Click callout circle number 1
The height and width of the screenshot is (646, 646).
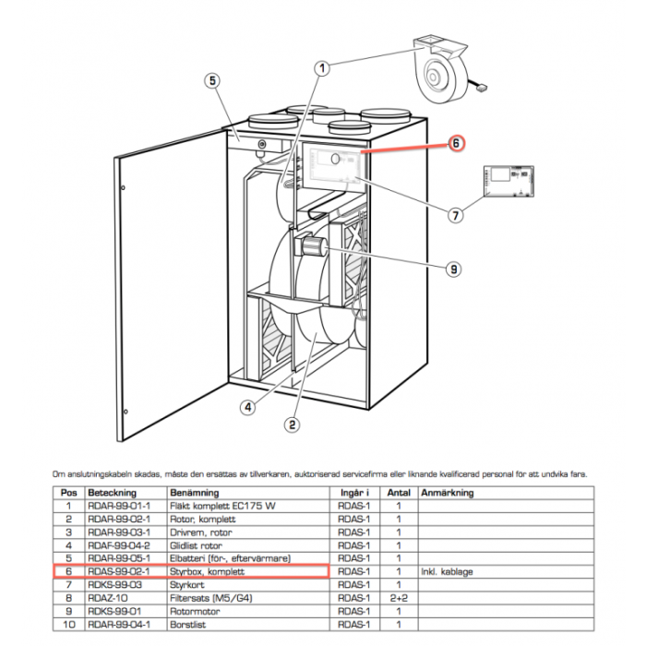(323, 67)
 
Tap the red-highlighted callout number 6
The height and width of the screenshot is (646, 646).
(455, 143)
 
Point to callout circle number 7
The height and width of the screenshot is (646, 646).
(455, 215)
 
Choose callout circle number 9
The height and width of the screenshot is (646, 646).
(453, 269)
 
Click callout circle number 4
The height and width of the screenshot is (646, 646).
(247, 406)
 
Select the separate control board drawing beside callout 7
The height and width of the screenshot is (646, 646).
(508, 181)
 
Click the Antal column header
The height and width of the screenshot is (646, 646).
(398, 494)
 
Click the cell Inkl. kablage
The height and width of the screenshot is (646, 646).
(448, 572)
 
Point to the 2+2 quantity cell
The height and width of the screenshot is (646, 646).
(398, 598)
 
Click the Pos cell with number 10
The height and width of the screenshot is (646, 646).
(67, 624)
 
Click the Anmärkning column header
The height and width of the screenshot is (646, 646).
(448, 494)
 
